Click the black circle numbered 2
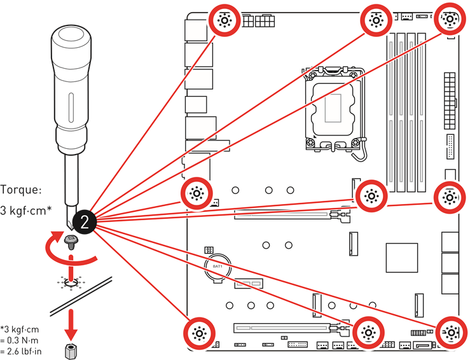pyautogui.click(x=84, y=222)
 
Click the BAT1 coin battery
pyautogui.click(x=218, y=267)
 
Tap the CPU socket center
pyautogui.click(x=333, y=109)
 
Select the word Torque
pyautogui.click(x=20, y=190)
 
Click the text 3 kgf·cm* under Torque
pyautogui.click(x=26, y=211)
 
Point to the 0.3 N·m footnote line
pyautogui.click(x=19, y=340)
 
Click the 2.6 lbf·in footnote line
pyautogui.click(x=21, y=351)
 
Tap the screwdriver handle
pyautogui.click(x=71, y=90)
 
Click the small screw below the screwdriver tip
pyautogui.click(x=71, y=242)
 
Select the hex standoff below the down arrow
pyautogui.click(x=71, y=351)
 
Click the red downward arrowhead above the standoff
pyautogui.click(x=71, y=334)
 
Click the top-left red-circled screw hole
pyautogui.click(x=225, y=20)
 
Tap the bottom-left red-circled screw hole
pyautogui.click(x=199, y=333)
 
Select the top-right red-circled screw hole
pyautogui.click(x=450, y=19)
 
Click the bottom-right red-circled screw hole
pyautogui.click(x=451, y=333)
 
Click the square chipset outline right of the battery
pyautogui.click(x=402, y=258)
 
